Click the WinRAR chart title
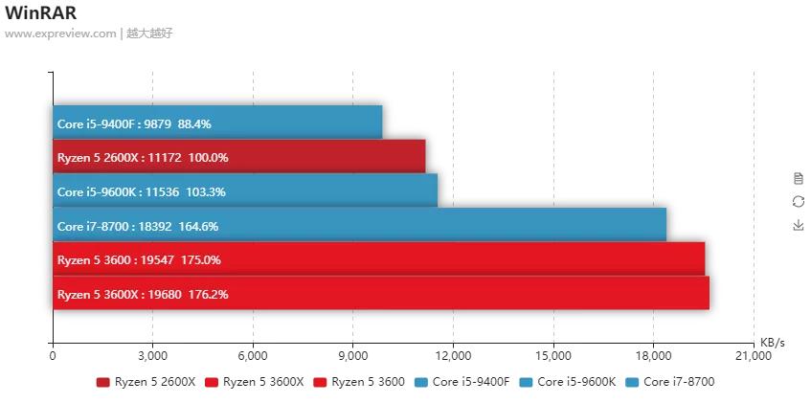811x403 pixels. pos(41,12)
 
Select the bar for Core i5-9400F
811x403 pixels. pos(217,123)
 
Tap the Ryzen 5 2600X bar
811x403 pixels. pos(238,157)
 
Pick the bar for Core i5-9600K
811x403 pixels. pos(245,190)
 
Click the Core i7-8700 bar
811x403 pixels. pos(359,225)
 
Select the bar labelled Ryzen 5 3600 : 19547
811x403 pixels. pos(378,259)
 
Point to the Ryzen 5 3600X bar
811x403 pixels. pos(381,293)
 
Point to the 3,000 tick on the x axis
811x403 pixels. pos(152,356)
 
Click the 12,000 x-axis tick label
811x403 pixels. pos(453,356)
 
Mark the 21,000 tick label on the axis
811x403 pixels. pos(754,356)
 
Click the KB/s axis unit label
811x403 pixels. pos(772,342)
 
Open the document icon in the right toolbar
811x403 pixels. pos(799,178)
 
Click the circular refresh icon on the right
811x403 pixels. pos(799,201)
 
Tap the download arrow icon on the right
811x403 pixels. pos(799,225)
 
